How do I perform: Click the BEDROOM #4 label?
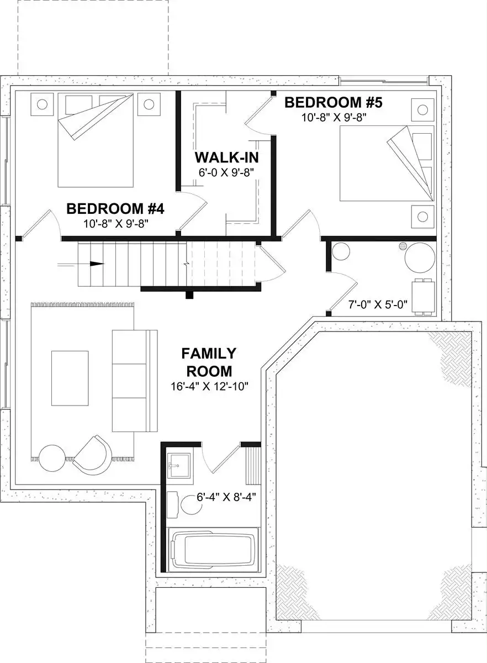coord(115,209)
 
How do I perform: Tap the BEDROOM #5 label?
coord(334,102)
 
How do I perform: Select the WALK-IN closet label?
coord(226,157)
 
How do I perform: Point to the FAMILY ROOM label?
coord(209,362)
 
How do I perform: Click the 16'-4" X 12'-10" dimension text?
coord(209,386)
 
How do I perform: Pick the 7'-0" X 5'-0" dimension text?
coord(378,304)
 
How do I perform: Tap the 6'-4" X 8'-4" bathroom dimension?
coord(226,497)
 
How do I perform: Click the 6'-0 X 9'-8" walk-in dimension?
coord(226,172)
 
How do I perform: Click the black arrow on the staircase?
coord(97,264)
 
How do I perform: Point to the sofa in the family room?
coord(135,381)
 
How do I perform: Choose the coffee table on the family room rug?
coord(70,378)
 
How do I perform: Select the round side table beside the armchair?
coord(52,458)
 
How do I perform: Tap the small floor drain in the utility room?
coord(403,245)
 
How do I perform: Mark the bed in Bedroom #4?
coord(96,140)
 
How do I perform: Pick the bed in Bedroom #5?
coord(387,164)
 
